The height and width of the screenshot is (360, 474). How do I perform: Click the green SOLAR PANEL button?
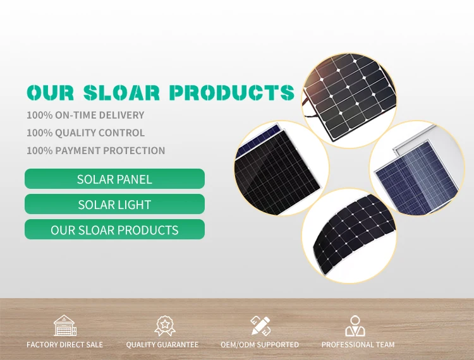(x=114, y=179)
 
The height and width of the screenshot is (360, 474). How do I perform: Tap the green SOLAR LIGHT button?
(x=114, y=204)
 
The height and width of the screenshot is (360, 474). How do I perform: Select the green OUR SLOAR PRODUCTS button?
(x=114, y=230)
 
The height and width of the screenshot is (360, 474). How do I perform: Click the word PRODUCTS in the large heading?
(x=231, y=92)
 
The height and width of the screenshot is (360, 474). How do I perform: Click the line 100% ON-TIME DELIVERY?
(x=85, y=116)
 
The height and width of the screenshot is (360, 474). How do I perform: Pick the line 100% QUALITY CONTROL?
(x=85, y=133)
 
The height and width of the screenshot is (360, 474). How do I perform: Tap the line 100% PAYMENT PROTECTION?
(x=95, y=151)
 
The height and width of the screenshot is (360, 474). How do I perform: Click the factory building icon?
(x=64, y=326)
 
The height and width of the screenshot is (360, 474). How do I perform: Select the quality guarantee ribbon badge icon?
(x=162, y=326)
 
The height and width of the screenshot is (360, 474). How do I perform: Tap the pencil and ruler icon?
(x=260, y=326)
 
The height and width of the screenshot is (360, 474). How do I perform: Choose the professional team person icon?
(x=355, y=326)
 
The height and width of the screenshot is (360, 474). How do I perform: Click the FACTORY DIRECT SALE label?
(x=64, y=345)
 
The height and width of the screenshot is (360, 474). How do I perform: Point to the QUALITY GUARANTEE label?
(x=162, y=345)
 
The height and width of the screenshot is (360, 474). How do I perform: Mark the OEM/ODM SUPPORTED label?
(x=260, y=345)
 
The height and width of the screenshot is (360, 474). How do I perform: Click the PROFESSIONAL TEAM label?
(x=358, y=345)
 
